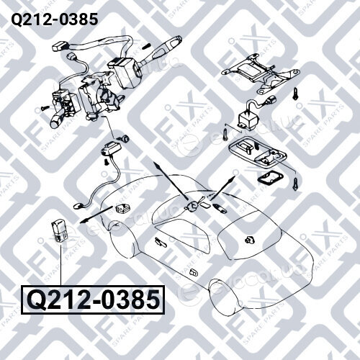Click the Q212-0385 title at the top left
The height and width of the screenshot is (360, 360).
pyautogui.click(x=55, y=19)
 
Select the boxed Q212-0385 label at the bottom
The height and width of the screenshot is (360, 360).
pyautogui.click(x=93, y=300)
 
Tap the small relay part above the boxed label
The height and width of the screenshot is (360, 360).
pyautogui.click(x=60, y=231)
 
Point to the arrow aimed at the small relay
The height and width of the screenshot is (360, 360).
pyautogui.click(x=96, y=215)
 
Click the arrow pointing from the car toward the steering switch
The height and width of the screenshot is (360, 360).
pyautogui.click(x=171, y=181)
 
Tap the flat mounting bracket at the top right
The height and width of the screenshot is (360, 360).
pyautogui.click(x=261, y=73)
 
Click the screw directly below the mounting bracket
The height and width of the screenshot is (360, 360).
pyautogui.click(x=296, y=94)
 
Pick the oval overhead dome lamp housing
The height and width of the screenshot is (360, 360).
pyautogui.click(x=257, y=153)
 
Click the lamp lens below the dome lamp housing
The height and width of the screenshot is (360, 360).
pyautogui.click(x=268, y=178)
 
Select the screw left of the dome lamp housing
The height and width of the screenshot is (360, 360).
pyautogui.click(x=225, y=134)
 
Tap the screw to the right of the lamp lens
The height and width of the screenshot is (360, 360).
pyautogui.click(x=296, y=184)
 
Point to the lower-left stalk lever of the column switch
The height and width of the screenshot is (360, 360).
pyautogui.click(x=58, y=121)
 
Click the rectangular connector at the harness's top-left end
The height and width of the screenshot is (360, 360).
pyautogui.click(x=60, y=46)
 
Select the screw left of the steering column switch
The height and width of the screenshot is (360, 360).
pyautogui.click(x=45, y=107)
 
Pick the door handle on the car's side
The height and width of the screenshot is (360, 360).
pyautogui.click(x=194, y=272)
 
